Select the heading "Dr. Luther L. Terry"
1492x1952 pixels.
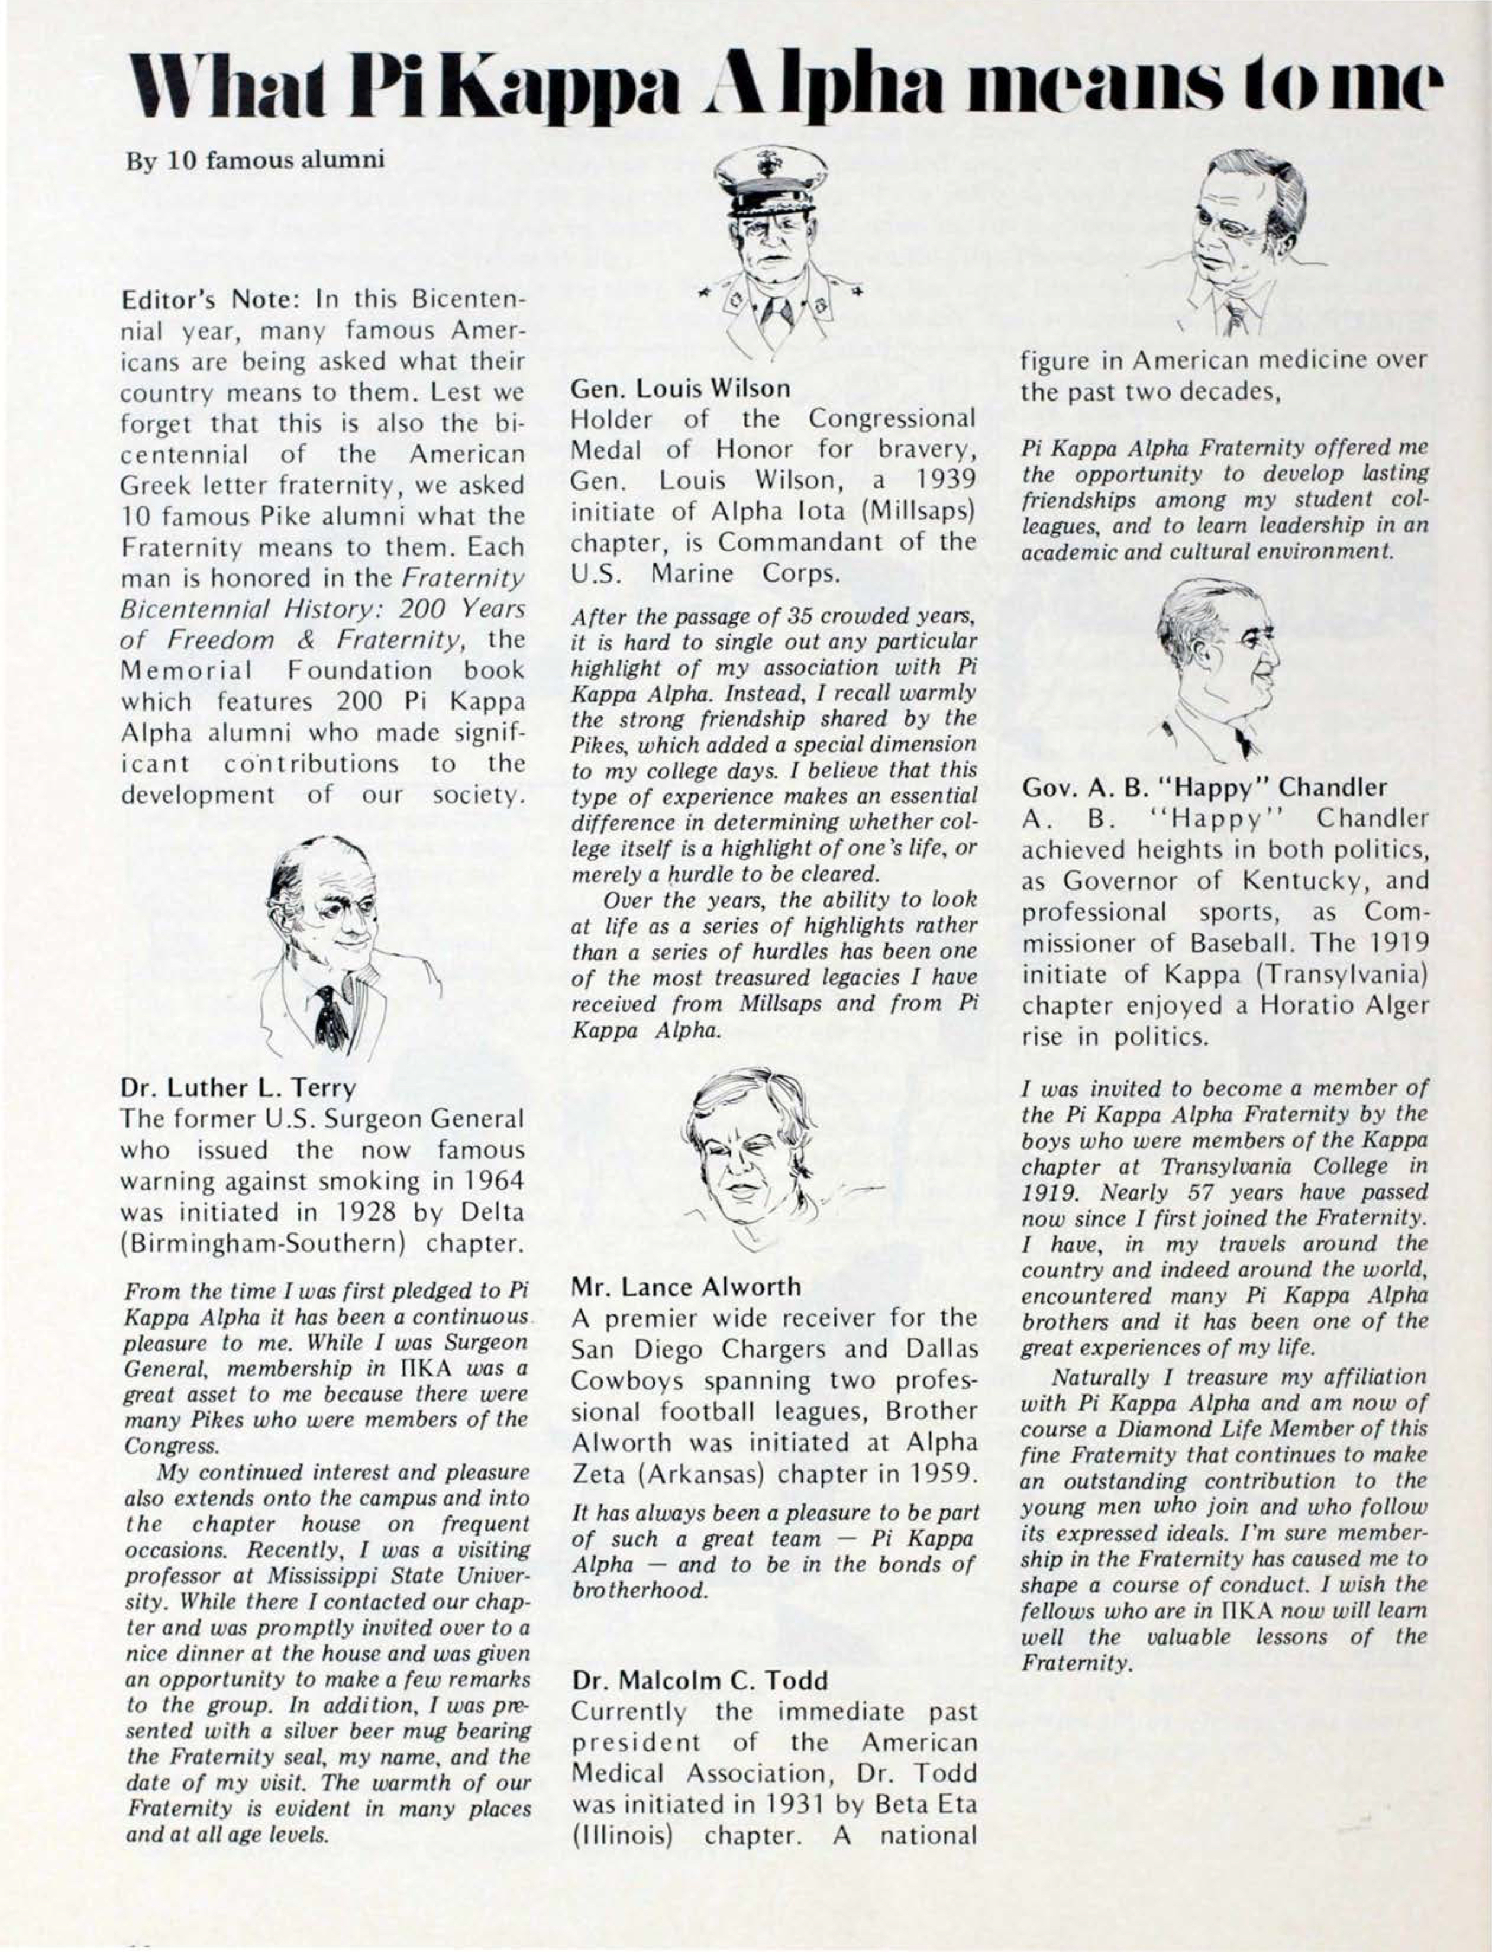pos(238,1086)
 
